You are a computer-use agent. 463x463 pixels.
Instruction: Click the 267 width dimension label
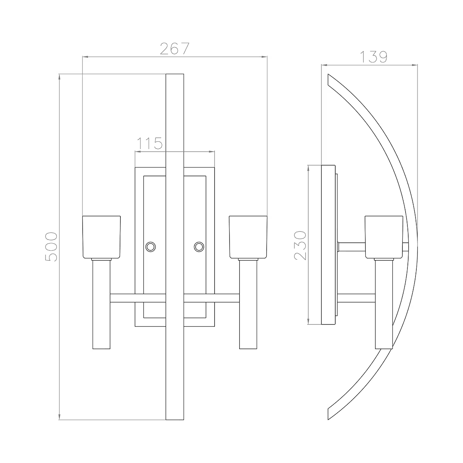(175, 49)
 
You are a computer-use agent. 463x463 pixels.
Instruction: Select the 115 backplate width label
(149, 144)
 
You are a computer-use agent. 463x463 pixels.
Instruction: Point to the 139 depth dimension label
(373, 57)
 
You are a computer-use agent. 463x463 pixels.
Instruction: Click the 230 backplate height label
(300, 246)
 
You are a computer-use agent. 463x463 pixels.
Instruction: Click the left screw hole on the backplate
(150, 246)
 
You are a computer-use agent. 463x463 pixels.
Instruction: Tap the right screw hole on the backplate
(199, 246)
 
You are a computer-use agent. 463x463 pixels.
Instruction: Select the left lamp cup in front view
(101, 237)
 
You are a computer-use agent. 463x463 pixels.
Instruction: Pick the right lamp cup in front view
(248, 237)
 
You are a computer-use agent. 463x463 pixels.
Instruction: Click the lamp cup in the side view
(384, 237)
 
